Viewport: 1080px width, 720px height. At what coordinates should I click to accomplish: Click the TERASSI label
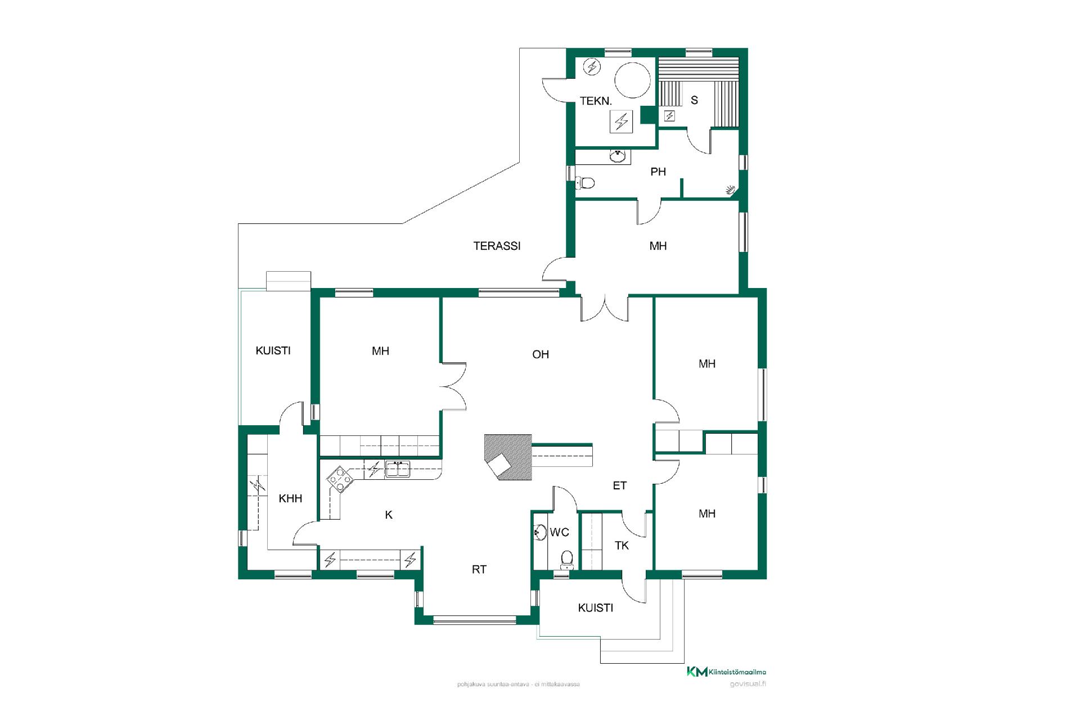click(497, 246)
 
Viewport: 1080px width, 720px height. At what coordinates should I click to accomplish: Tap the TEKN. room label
click(596, 101)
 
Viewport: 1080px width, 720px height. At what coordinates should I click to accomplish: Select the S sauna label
click(694, 100)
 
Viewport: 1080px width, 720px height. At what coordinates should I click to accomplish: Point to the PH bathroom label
click(658, 172)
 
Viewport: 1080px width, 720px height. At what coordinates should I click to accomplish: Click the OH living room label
click(541, 354)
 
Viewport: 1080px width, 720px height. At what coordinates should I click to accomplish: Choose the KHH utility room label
click(290, 498)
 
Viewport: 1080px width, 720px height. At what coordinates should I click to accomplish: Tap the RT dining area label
click(479, 570)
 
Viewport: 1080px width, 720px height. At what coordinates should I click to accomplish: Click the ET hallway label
click(619, 485)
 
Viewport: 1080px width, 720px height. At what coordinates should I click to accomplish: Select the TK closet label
click(622, 545)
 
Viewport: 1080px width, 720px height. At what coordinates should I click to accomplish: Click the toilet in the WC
click(567, 560)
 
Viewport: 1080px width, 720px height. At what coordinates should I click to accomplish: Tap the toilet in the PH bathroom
click(586, 183)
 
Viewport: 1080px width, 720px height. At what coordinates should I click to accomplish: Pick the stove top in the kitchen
click(340, 479)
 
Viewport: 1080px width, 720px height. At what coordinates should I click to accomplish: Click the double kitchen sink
click(398, 469)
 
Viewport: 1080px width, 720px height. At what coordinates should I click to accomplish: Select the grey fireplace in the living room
click(508, 457)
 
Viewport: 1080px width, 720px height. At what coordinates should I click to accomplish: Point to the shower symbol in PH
click(731, 190)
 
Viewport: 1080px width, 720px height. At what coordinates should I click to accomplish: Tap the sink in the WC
click(540, 532)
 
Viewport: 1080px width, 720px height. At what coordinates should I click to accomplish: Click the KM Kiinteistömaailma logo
click(726, 672)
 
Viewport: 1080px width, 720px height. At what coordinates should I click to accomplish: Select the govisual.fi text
click(748, 684)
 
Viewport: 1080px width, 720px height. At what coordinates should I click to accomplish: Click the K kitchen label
click(389, 515)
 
